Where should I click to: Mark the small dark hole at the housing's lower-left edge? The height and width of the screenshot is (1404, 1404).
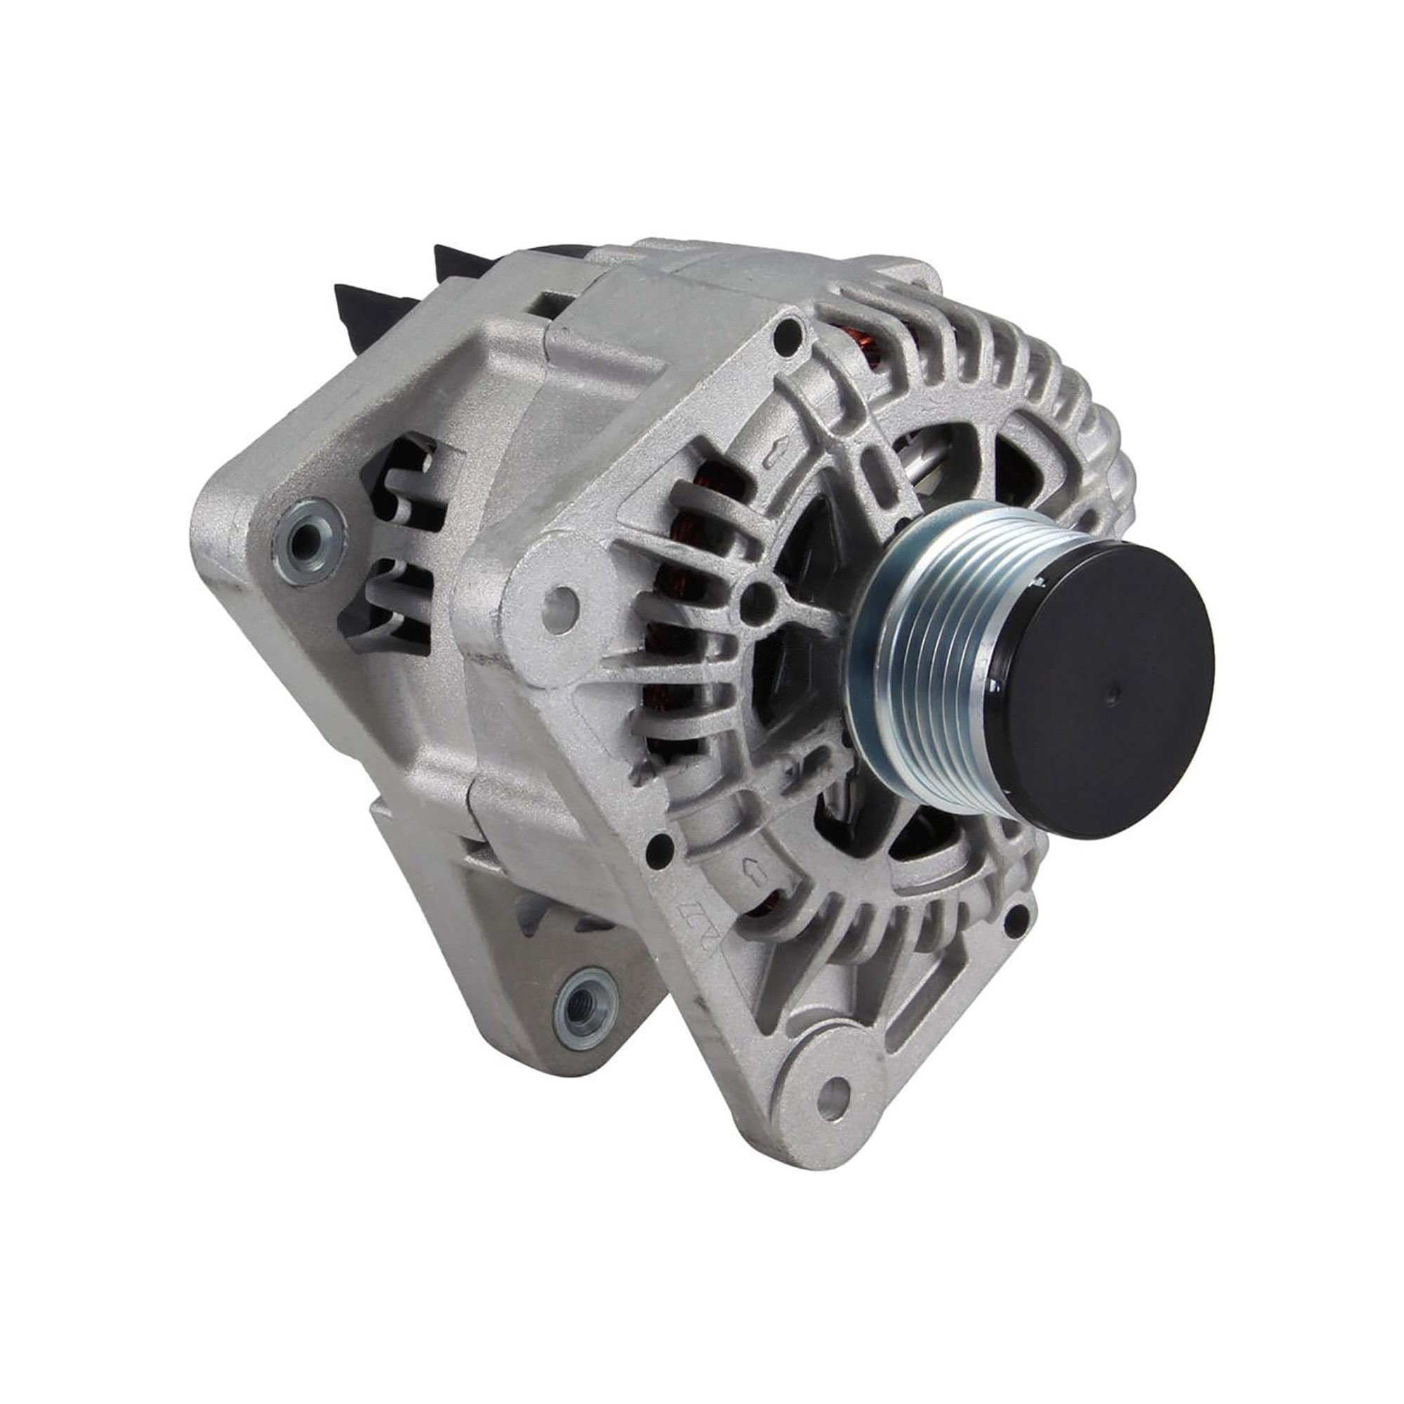click(660, 845)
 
